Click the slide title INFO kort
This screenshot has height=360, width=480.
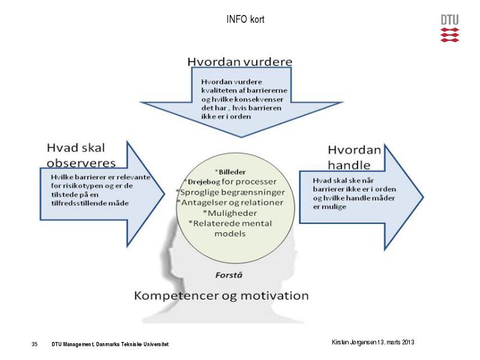(x=245, y=19)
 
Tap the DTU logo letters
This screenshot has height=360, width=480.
(x=449, y=20)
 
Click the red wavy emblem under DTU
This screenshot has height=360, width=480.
(x=449, y=35)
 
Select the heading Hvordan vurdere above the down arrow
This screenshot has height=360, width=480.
(x=239, y=62)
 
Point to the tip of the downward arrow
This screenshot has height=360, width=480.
(x=241, y=137)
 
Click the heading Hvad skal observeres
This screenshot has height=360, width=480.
(x=81, y=155)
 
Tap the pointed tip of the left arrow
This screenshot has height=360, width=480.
(x=164, y=193)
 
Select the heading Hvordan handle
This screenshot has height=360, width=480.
(x=354, y=157)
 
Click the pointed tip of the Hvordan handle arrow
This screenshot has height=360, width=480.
(x=424, y=197)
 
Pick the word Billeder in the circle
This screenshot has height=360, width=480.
(x=232, y=172)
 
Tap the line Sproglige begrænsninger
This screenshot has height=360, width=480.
(x=232, y=192)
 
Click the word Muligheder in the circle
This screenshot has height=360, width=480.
(x=232, y=213)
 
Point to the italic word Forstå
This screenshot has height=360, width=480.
(x=229, y=275)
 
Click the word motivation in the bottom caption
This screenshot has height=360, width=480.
(x=275, y=296)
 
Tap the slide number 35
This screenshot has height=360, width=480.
(x=34, y=344)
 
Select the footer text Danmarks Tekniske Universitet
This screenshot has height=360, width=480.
(x=132, y=344)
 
